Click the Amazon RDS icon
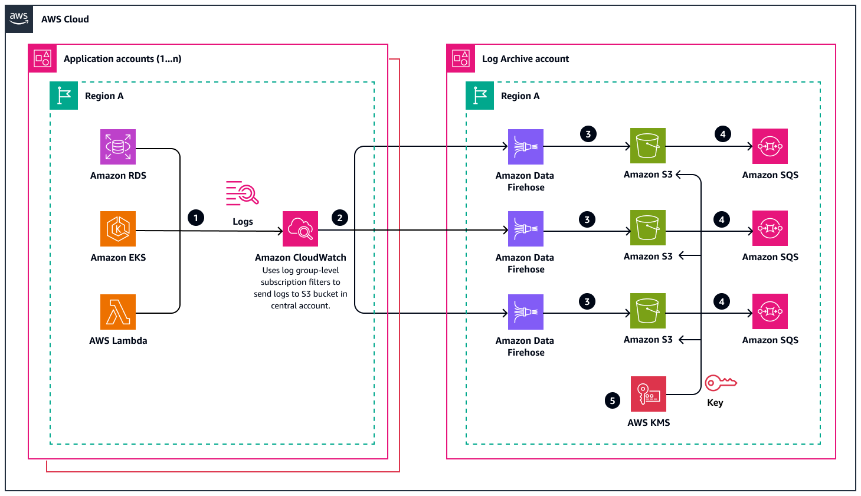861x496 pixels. point(118,147)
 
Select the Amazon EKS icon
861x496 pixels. point(118,229)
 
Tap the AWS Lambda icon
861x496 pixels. point(118,312)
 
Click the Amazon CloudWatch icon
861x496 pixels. point(300,229)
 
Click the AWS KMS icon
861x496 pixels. point(649,394)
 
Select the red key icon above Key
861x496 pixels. point(721,383)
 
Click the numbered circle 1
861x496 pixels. point(196,218)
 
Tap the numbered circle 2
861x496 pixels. point(340,218)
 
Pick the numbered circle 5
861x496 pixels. point(613,401)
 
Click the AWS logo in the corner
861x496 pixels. point(19,18)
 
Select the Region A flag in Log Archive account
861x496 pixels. point(480,96)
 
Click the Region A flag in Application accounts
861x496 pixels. point(64,96)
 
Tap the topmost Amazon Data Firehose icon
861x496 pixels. point(526,147)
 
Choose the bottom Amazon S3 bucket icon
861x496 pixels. point(648,311)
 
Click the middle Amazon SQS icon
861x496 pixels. point(770,228)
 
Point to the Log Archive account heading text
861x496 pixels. point(525,59)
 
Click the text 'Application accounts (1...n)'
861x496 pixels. point(122,59)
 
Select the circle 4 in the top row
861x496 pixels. point(723,134)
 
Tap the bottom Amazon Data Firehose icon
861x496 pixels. point(526,312)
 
